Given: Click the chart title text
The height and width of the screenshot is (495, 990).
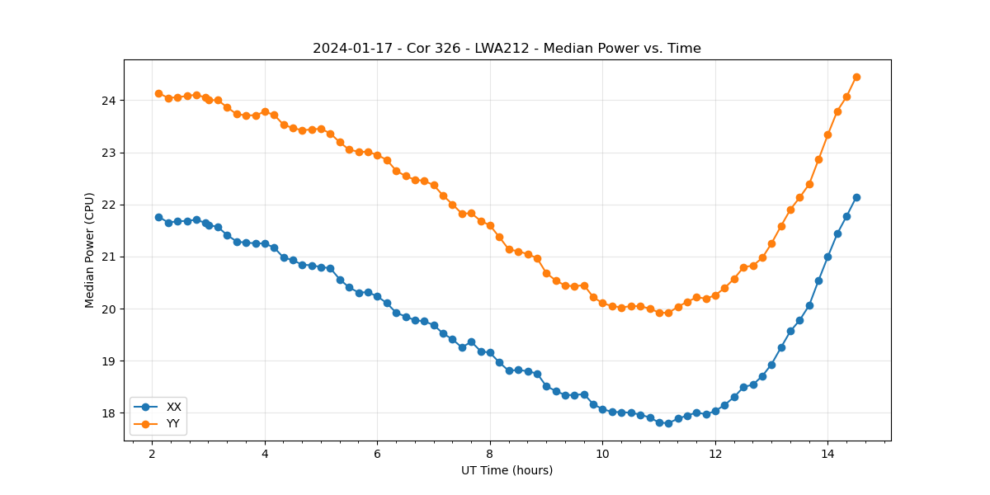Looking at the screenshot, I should point(507,49).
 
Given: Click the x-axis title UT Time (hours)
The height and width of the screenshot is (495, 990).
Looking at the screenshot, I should point(507,471).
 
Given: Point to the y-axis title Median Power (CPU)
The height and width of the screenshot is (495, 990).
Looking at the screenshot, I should point(90,250).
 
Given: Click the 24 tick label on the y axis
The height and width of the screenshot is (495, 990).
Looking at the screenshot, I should point(109,101).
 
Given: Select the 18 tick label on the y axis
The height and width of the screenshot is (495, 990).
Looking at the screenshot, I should point(109,413).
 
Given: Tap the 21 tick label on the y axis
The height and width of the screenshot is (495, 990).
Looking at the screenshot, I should point(109,257).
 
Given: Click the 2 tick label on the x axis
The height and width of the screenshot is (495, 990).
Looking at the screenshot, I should point(152,455).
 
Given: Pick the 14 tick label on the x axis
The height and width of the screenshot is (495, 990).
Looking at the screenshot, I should point(827,455).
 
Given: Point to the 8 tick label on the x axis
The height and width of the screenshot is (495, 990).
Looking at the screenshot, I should point(489,455).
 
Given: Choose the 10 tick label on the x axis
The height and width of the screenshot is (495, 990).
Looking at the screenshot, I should point(602,455).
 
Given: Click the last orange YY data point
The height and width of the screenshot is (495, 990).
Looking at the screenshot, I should point(856,77).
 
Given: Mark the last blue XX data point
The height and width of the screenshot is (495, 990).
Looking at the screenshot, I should point(856,197).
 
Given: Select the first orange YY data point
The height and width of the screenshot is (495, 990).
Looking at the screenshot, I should point(158,93).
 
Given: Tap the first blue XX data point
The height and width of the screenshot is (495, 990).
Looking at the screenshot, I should point(158,217).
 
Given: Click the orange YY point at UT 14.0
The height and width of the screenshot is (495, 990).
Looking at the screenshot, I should point(827,134).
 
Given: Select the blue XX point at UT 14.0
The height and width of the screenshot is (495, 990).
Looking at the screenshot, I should point(827,257).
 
